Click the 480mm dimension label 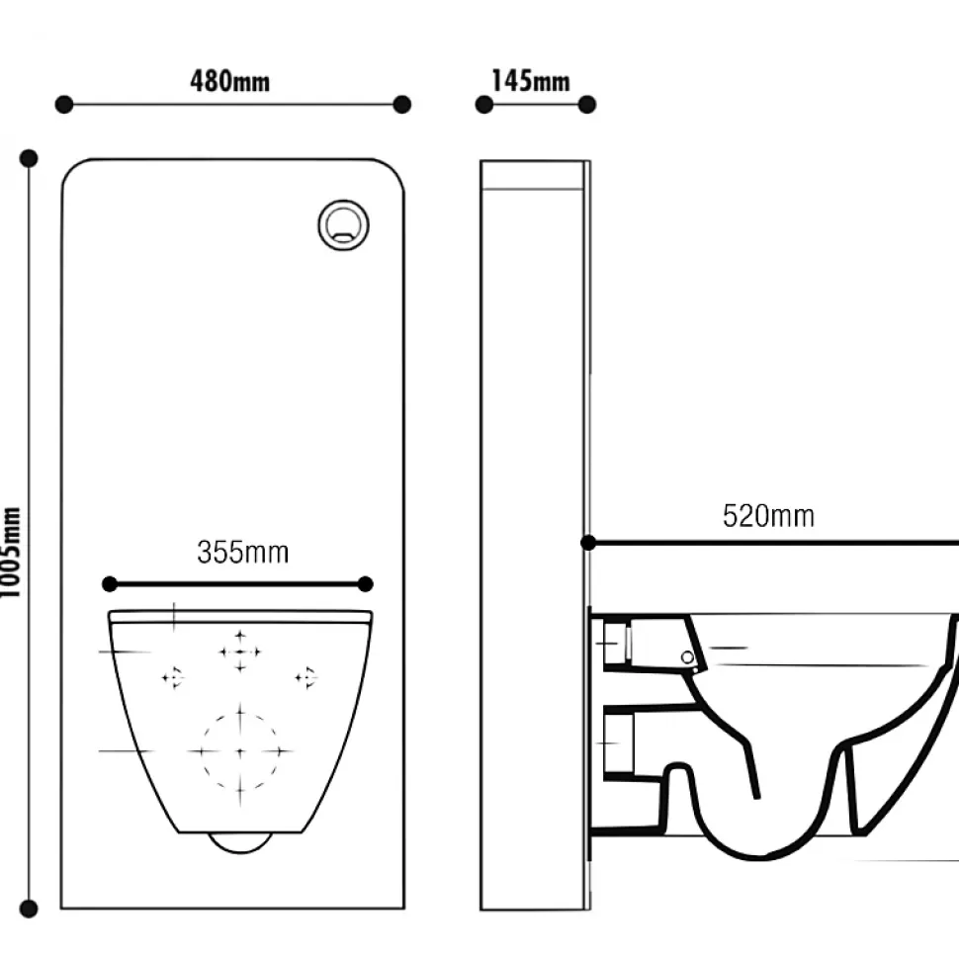(229, 81)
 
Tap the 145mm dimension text (530, 81)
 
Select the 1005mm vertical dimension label (11, 553)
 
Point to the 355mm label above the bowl (242, 553)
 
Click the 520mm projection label (768, 516)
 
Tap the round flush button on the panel (343, 224)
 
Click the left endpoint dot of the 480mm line (63, 105)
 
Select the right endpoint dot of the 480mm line (401, 105)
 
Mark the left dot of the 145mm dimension (483, 105)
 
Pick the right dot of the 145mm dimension (586, 105)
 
